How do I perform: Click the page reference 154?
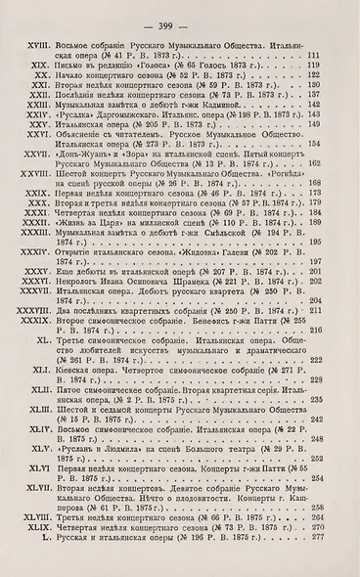(316, 172)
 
